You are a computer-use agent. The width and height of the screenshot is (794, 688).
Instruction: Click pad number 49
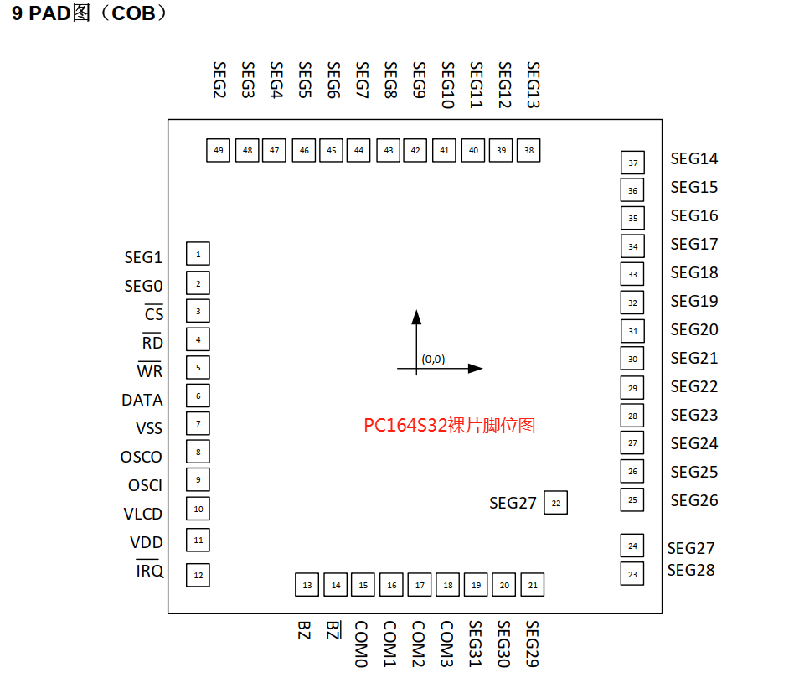tap(219, 151)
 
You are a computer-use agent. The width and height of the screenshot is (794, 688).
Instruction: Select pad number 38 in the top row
tap(528, 151)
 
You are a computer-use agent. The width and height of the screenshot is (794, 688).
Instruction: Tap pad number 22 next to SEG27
tap(555, 504)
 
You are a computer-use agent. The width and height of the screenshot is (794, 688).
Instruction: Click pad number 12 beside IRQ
tap(198, 576)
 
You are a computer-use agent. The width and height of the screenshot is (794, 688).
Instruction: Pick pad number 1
tap(198, 254)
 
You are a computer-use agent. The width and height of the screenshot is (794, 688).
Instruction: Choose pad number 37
tap(633, 163)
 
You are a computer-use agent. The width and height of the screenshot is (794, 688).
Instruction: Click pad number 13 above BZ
tap(307, 585)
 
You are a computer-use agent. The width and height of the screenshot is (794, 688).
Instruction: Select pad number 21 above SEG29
tap(533, 585)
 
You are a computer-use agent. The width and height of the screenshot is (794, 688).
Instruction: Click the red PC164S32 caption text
tap(449, 426)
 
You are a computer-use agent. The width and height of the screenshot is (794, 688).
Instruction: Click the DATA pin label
tap(142, 401)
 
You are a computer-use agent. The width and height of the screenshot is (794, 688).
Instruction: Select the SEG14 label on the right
tap(694, 159)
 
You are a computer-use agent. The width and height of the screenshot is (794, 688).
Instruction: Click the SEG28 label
tap(692, 571)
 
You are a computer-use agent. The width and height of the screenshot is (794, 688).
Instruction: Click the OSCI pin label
tap(146, 486)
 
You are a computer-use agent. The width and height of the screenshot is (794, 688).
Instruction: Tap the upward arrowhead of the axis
tap(416, 316)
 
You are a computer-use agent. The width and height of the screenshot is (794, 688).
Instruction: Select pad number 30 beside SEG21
tap(633, 360)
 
